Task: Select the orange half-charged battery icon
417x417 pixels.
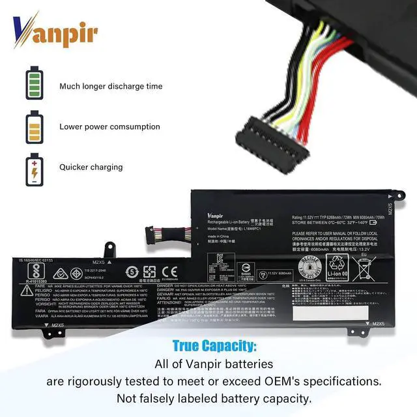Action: pyautogui.click(x=34, y=126)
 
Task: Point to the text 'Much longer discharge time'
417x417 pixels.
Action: pyautogui.click(x=111, y=86)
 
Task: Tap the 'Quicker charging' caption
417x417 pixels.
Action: pyautogui.click(x=91, y=167)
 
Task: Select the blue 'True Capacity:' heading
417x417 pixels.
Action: pyautogui.click(x=214, y=346)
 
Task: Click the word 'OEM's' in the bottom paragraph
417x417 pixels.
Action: pyautogui.click(x=278, y=381)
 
